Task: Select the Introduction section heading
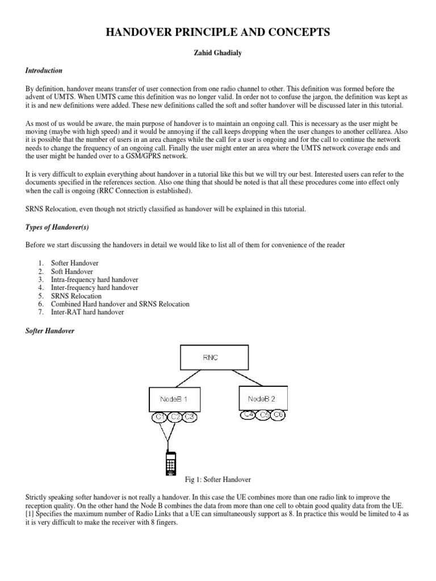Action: tap(44, 71)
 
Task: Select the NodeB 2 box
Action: tap(263, 398)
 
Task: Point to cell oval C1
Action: tap(160, 418)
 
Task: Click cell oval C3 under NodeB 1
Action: tap(189, 418)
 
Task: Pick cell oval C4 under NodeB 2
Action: tap(248, 415)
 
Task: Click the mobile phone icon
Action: tap(169, 463)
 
